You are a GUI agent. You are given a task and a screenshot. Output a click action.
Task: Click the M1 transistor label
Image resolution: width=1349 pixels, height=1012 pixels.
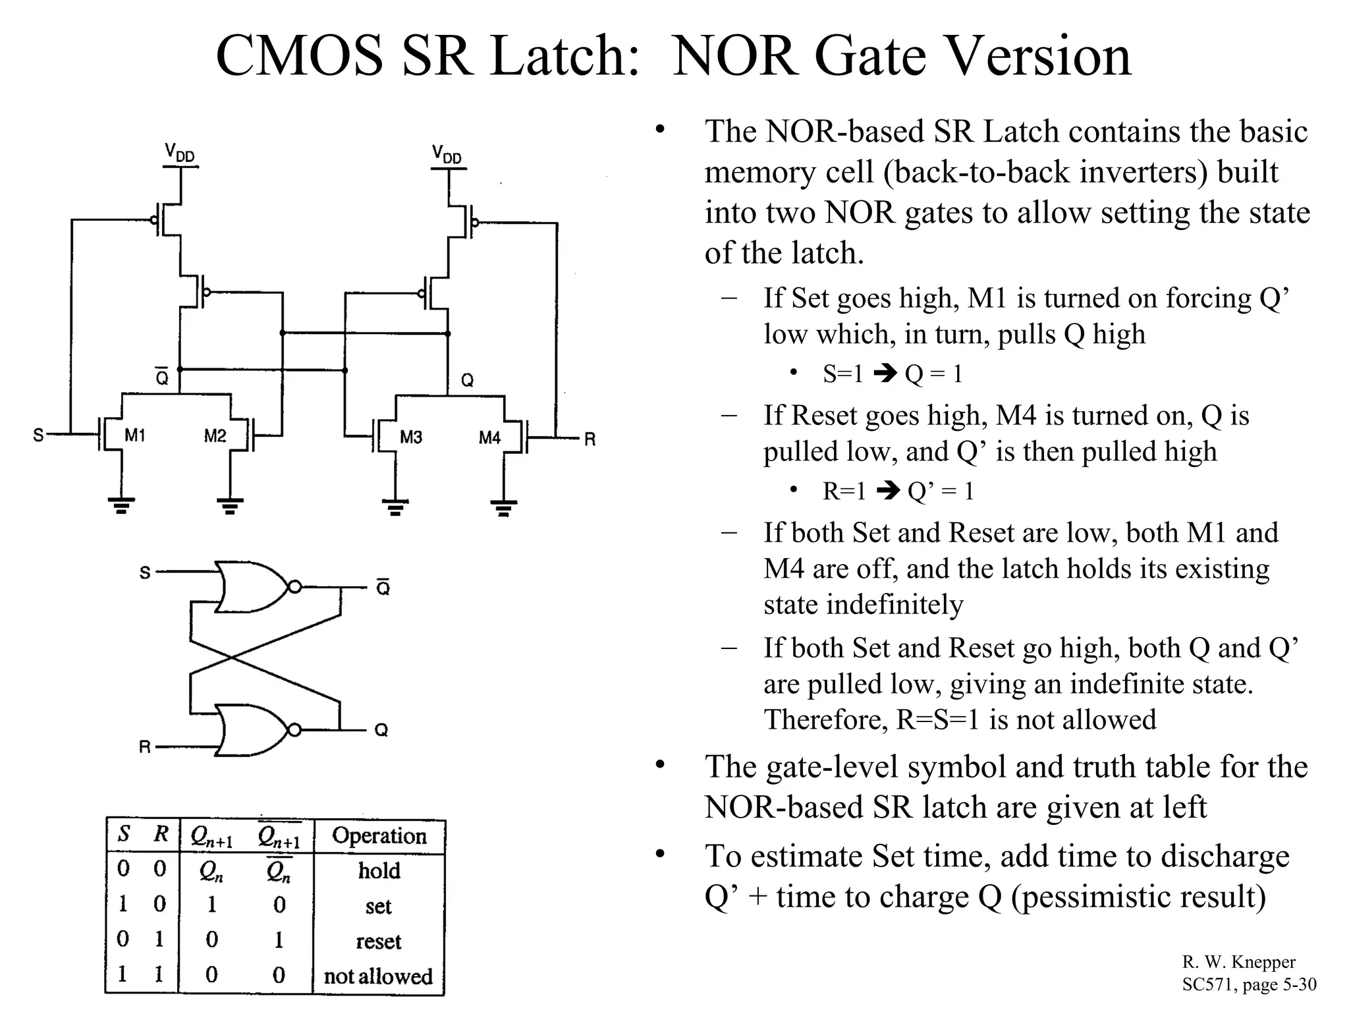point(135,436)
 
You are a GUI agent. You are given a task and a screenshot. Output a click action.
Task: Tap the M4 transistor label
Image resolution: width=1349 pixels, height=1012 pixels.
point(489,437)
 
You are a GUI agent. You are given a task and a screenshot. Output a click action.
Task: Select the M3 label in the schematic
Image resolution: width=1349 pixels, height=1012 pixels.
point(411,437)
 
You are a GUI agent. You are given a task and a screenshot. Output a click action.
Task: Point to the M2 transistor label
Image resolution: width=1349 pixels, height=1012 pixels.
point(215,436)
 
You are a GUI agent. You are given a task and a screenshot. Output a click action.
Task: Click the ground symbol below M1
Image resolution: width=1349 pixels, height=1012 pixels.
point(121,505)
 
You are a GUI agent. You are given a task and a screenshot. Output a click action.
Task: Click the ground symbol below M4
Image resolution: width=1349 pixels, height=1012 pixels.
point(504,507)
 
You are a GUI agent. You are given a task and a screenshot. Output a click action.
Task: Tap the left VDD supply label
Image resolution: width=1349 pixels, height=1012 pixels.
point(179,154)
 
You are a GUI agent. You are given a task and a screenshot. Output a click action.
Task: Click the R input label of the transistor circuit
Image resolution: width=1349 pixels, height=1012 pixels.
point(590,439)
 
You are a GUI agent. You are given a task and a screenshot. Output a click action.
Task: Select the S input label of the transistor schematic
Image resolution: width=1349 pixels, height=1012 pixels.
point(38,435)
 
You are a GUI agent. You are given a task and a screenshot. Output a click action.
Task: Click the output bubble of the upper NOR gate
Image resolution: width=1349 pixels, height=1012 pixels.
point(295,587)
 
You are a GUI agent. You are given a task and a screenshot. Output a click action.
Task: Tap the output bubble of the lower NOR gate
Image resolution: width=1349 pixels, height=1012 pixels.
point(295,730)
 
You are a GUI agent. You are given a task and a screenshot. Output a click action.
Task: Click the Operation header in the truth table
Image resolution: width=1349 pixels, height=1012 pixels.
point(379,835)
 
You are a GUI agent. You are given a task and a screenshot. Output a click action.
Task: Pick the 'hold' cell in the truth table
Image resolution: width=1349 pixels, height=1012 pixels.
point(379,870)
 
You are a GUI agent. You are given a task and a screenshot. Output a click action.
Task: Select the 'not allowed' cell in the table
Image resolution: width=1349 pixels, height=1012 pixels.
point(378,976)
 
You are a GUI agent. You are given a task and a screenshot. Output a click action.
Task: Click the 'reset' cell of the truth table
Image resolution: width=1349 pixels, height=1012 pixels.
point(378,941)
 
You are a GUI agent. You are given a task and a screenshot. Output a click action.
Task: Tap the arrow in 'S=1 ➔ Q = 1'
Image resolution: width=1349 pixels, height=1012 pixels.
point(885,374)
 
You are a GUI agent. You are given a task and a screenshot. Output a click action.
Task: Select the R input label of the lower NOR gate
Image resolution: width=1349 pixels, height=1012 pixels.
point(145,746)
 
